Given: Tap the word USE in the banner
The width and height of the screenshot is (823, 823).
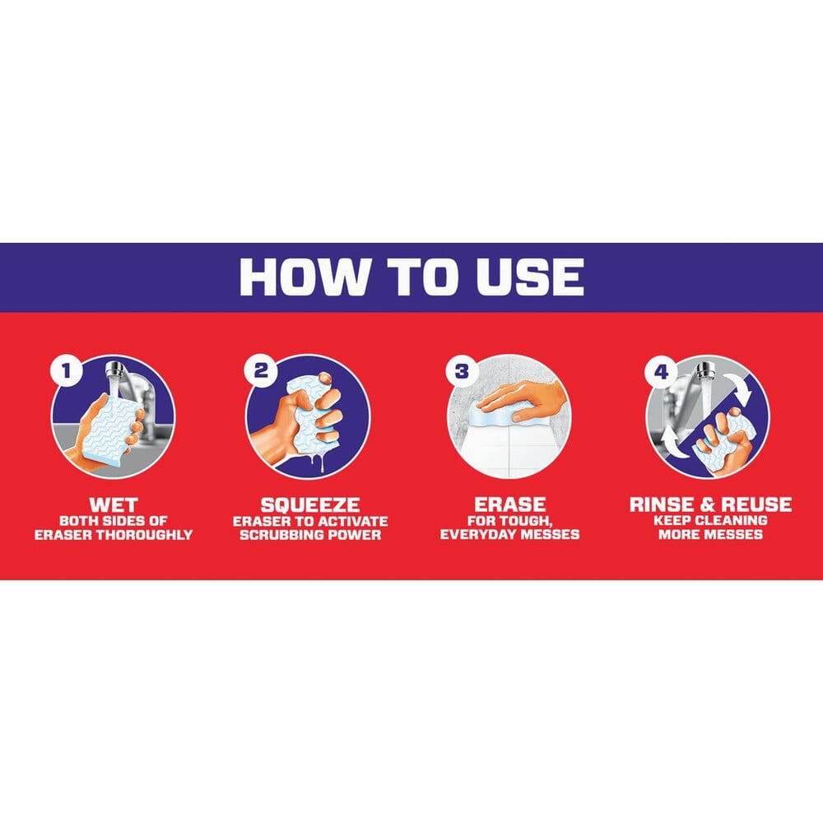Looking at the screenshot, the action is tap(530, 276).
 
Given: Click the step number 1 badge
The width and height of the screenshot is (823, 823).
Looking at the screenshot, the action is tap(66, 372).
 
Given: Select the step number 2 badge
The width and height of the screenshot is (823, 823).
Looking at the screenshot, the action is tap(261, 370).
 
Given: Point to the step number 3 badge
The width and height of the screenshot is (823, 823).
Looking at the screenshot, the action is tap(462, 370).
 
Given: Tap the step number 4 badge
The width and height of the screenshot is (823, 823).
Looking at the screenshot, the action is tap(661, 372).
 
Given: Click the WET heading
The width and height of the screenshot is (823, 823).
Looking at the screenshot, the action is tap(114, 505).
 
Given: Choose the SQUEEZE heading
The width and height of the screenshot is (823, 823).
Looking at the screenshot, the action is tap(310, 505).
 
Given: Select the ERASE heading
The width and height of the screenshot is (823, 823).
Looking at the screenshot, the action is tap(509, 504).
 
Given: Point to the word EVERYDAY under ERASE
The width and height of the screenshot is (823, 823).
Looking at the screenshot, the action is tap(478, 534).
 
